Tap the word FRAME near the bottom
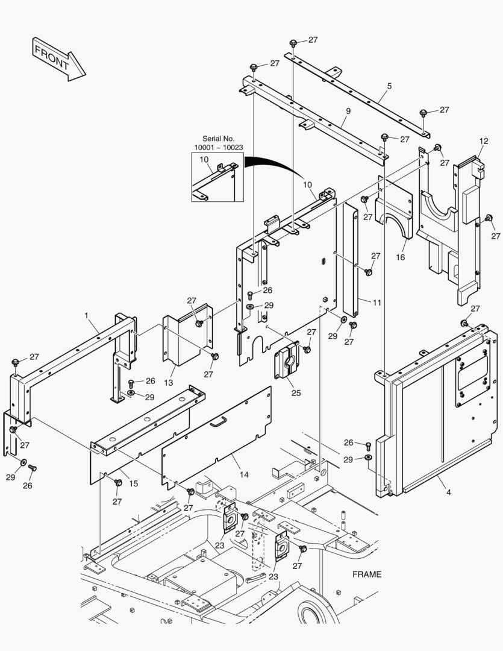(x=367, y=574)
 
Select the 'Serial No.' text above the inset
(x=218, y=139)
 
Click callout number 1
(x=87, y=315)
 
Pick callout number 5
(x=389, y=86)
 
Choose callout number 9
(x=348, y=111)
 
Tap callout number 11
(x=376, y=303)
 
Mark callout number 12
(x=483, y=141)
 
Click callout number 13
(x=168, y=383)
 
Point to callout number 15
(x=133, y=483)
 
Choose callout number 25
(x=296, y=392)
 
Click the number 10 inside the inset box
(x=204, y=159)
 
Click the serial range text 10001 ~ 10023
(x=218, y=148)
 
